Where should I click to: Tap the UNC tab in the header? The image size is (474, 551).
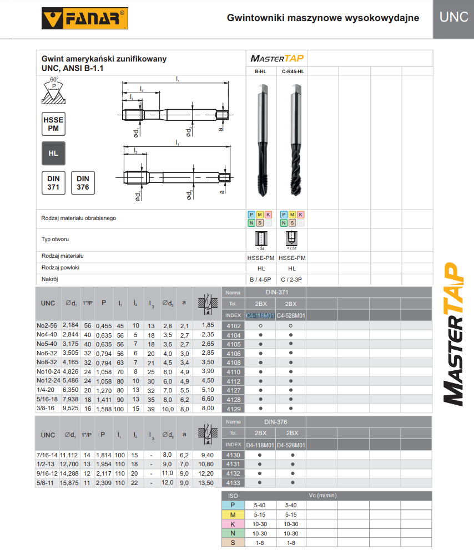point(453,17)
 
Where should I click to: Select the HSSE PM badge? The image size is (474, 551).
point(53,124)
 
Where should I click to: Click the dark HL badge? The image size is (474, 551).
point(53,154)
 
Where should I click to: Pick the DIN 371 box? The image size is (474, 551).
point(53,183)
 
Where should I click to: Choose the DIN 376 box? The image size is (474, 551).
point(83,183)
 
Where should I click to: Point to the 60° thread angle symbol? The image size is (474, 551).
point(54,91)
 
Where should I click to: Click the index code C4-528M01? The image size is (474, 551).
point(292,315)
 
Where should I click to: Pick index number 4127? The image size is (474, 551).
point(234,390)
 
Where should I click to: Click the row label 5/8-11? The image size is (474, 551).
point(47,483)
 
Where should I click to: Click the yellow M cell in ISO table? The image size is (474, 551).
point(233,514)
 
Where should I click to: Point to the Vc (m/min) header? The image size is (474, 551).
point(322,496)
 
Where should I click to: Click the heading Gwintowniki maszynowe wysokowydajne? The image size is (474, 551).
point(322,18)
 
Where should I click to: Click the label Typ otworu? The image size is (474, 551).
point(54,239)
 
